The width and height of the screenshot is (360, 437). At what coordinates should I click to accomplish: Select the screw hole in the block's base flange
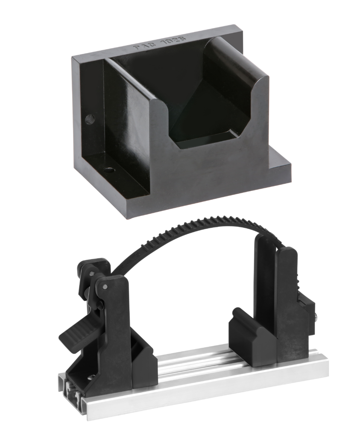(x=111, y=170)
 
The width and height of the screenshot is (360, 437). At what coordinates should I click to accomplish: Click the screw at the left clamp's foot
(x=91, y=376)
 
